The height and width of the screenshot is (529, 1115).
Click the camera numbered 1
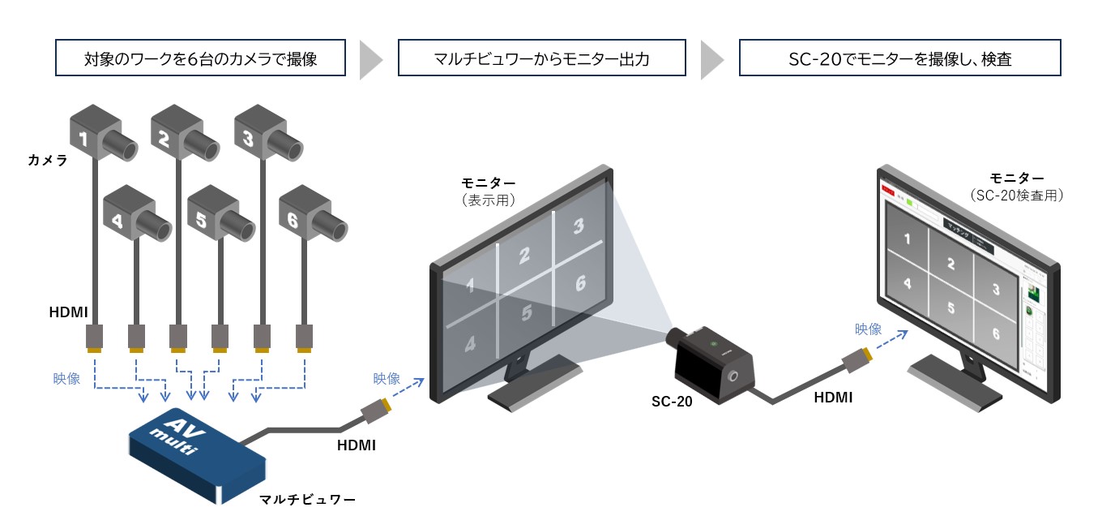pos(97,134)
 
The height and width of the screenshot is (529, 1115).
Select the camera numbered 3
pos(263,134)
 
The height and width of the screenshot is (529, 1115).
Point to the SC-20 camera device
pos(713,361)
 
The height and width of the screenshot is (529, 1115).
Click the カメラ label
pos(47,160)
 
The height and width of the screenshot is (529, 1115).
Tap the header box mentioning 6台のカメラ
pos(200,59)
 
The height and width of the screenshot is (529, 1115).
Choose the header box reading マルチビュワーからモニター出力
pos(541,59)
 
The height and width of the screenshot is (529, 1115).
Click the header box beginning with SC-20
pos(899,59)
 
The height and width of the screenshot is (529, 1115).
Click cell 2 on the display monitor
pos(524,256)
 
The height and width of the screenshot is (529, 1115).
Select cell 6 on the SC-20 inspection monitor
pos(995,333)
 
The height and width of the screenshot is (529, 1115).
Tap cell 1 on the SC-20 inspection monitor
pos(907,239)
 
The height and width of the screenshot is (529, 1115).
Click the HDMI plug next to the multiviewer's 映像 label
pos(376,410)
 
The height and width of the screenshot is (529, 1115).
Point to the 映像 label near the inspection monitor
pos(868,329)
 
